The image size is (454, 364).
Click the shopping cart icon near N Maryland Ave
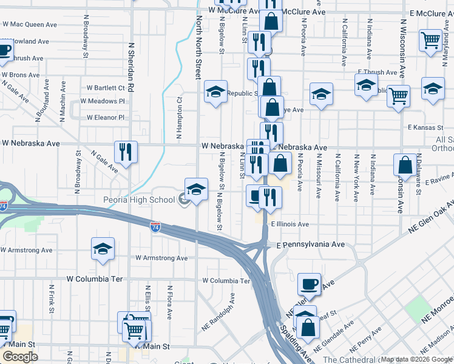431,41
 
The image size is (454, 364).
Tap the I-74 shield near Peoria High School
156,227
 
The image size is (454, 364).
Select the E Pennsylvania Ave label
311,245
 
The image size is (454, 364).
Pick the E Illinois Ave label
290,224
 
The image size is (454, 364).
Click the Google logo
20,357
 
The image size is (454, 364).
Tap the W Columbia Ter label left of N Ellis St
95,279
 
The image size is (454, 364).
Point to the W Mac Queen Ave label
29,25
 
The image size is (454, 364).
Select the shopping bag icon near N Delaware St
405,164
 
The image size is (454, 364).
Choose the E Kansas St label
427,127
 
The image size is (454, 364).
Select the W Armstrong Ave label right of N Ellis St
161,258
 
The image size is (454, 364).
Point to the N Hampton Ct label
180,119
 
